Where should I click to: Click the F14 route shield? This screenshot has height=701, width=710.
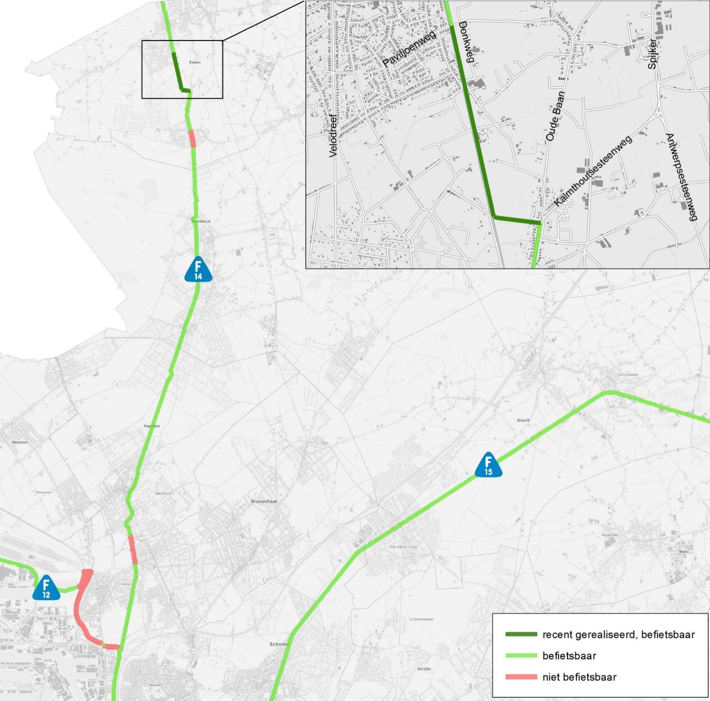[198, 269]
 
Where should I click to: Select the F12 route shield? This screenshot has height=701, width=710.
[46, 588]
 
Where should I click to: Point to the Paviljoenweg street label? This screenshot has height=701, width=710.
[409, 49]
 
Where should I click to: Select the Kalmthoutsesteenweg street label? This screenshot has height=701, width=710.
[593, 172]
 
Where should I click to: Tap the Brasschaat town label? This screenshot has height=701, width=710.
[263, 501]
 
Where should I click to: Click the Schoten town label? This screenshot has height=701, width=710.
[278, 644]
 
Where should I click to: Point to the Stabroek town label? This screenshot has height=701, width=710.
[19, 442]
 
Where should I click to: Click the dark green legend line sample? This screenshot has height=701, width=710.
[521, 634]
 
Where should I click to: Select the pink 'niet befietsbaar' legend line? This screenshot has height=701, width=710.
[521, 677]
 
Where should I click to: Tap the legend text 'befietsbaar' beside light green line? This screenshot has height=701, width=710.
[569, 655]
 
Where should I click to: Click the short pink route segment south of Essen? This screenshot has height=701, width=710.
[192, 138]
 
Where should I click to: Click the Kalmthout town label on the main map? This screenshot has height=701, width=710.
[200, 221]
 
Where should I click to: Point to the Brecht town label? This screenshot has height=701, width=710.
[523, 420]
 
